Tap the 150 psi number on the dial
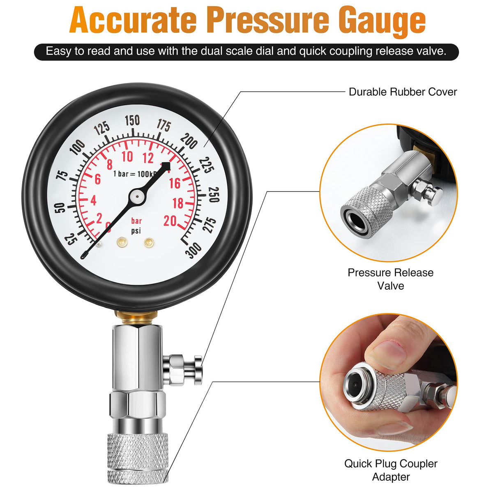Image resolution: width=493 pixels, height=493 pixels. tap(132, 120)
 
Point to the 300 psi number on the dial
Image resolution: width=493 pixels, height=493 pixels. tap(194, 250)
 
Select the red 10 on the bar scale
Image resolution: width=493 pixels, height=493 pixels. tap(127, 157)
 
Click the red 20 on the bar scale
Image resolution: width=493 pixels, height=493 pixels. tap(170, 221)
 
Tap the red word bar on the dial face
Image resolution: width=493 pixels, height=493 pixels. tap(136, 221)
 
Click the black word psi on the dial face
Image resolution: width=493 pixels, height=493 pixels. tap(136, 231)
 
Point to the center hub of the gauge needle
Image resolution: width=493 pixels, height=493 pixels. tap(137, 196)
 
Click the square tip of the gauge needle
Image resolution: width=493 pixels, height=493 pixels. tap(166, 166)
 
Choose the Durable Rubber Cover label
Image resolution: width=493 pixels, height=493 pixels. tap(403, 92)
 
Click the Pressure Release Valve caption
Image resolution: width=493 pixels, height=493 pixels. tap(390, 279)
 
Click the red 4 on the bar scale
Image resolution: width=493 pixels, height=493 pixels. tap(93, 200)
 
